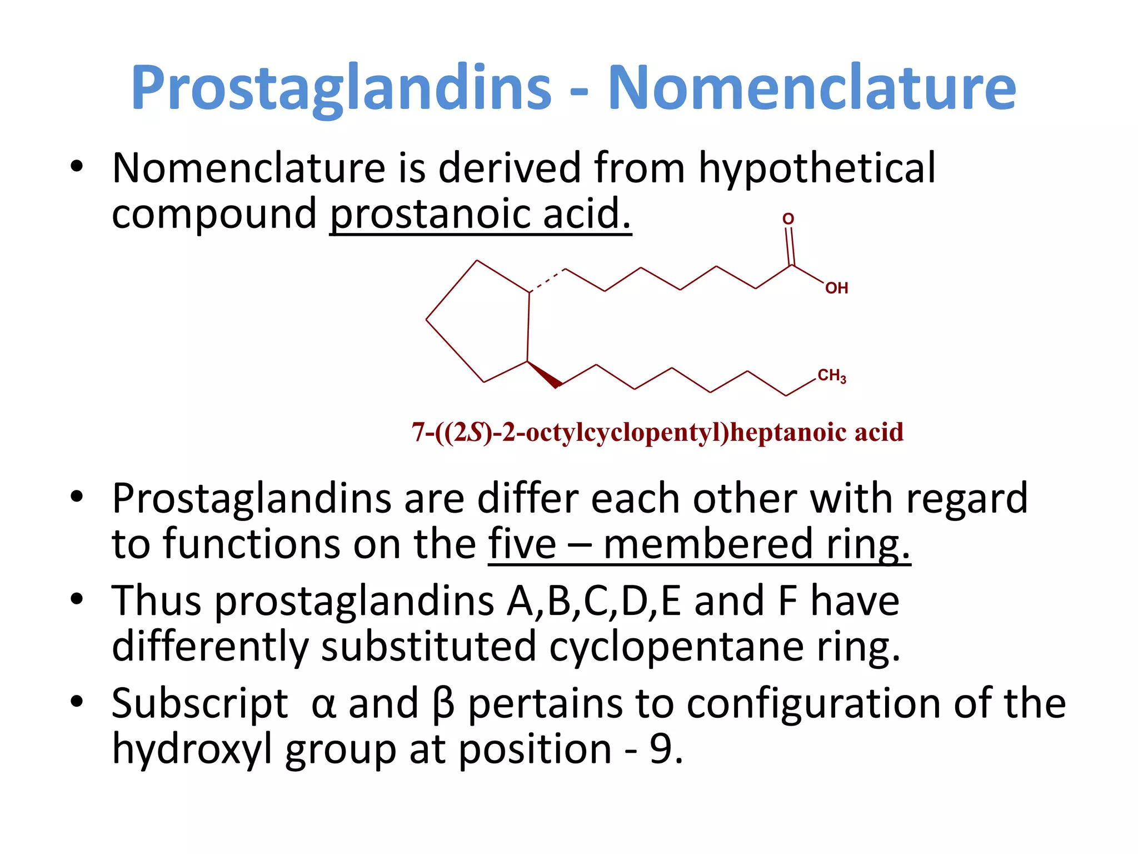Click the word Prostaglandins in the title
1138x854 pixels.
tap(341, 88)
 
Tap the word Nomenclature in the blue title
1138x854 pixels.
tap(812, 88)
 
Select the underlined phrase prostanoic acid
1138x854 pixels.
tap(481, 214)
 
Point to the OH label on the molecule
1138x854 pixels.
tap(836, 288)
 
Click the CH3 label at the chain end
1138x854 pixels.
tap(831, 376)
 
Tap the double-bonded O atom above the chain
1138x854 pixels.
tap(788, 219)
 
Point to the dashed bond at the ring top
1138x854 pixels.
tap(547, 280)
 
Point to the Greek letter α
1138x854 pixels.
tap(323, 704)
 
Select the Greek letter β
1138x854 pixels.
tap(443, 704)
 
